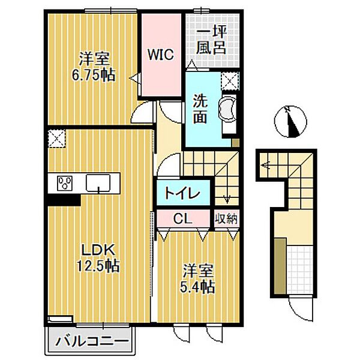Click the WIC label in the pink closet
point(161,55)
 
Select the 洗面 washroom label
point(200,109)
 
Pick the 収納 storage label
point(227,219)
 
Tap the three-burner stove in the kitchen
point(65,183)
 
